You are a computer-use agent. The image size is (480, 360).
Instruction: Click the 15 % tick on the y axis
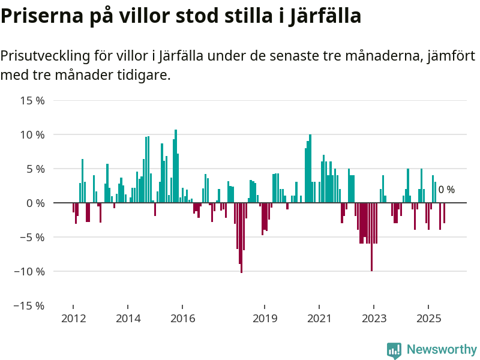[33, 100]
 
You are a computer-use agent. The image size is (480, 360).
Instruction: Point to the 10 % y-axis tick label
[33, 134]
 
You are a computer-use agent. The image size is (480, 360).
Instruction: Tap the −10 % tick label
[30, 271]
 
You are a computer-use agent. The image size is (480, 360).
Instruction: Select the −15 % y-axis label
[30, 305]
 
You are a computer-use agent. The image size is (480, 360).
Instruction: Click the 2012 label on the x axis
[73, 318]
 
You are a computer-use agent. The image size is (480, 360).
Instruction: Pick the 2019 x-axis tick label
[265, 318]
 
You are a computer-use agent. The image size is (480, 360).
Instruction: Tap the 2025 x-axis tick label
[428, 318]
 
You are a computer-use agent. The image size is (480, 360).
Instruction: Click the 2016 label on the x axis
[183, 318]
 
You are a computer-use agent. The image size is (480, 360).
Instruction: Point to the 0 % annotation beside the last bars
[446, 190]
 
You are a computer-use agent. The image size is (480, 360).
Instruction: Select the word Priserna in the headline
[41, 16]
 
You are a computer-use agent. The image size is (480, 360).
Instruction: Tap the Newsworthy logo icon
[394, 350]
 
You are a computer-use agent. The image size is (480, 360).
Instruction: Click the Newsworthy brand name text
[442, 350]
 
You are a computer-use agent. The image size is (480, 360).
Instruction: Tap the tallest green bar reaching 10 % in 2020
[310, 169]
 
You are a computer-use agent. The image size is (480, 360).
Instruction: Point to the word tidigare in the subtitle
[143, 76]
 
